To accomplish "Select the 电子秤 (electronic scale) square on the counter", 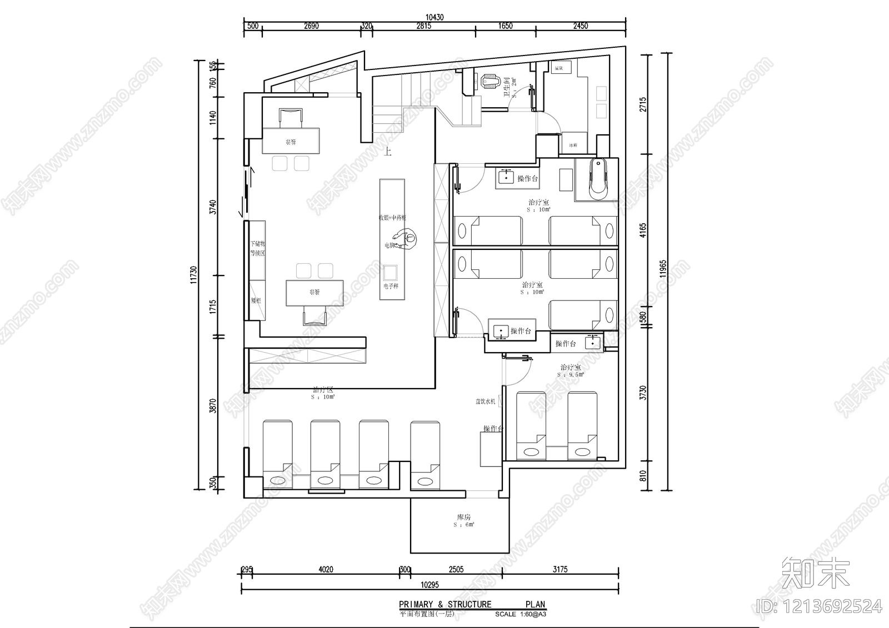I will tap(391, 273).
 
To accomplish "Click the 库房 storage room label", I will tap(464, 517).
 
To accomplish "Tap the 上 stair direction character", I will tap(387, 152).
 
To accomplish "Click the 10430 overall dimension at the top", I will tap(436, 17).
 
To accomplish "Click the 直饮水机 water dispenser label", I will tap(485, 401).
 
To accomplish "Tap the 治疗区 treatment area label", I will tap(323, 390).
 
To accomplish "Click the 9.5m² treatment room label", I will tap(571, 375).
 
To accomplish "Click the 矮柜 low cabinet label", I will tap(256, 300).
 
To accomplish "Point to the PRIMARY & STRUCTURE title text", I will tap(445, 604).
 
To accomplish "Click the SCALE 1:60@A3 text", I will tap(520, 614).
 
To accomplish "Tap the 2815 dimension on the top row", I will tap(424, 26).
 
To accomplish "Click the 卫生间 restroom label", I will tap(507, 88).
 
